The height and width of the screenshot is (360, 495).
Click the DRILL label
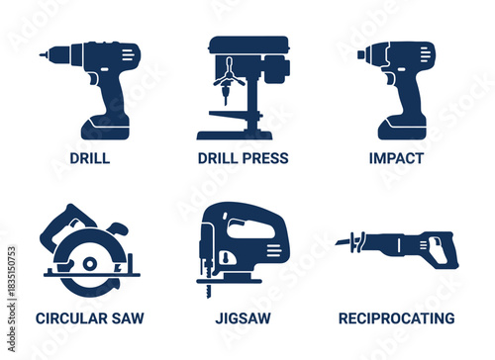[90, 158]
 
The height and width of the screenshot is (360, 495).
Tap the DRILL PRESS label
[243, 158]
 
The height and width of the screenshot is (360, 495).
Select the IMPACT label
[396, 158]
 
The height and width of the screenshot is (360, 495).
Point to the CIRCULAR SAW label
[90, 318]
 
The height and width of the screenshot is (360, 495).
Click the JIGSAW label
[243, 318]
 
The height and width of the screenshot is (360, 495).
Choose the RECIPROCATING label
[396, 318]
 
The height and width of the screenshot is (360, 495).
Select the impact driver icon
[402, 84]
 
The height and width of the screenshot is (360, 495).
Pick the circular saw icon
[88, 252]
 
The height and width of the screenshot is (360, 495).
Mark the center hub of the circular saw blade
[88, 264]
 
